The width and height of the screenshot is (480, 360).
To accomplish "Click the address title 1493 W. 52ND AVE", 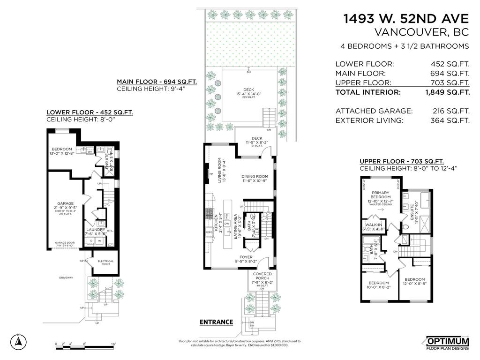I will click(x=406, y=19).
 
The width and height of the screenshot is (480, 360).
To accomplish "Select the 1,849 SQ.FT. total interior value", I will click(x=447, y=92).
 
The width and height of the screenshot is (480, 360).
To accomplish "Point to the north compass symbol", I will click(x=18, y=341).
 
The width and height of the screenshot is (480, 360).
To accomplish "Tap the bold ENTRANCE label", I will click(x=216, y=322).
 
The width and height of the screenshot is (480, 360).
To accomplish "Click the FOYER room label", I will click(x=246, y=257).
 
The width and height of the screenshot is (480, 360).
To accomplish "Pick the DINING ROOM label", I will click(x=255, y=177).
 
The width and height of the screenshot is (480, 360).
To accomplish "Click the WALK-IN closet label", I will click(x=373, y=225).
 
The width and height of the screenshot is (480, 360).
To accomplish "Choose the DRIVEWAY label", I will click(x=66, y=277).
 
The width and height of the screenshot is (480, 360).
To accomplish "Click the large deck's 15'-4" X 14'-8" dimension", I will click(x=248, y=94).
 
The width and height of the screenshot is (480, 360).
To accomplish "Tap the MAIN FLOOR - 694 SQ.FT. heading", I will click(x=157, y=81).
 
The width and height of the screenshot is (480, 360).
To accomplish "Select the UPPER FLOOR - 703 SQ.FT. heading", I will click(x=401, y=161).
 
